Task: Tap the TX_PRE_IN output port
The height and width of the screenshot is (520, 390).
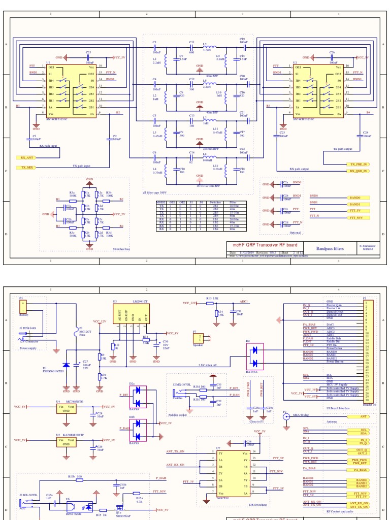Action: tap(359, 165)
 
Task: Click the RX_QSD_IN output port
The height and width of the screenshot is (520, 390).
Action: tap(359, 171)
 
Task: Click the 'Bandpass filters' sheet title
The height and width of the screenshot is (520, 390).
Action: tap(330, 249)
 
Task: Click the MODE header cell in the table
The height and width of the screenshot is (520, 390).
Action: tap(161, 202)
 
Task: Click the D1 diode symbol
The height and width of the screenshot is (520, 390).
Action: tap(66, 365)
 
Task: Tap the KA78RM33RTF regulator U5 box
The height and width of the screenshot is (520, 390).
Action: tap(66, 440)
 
